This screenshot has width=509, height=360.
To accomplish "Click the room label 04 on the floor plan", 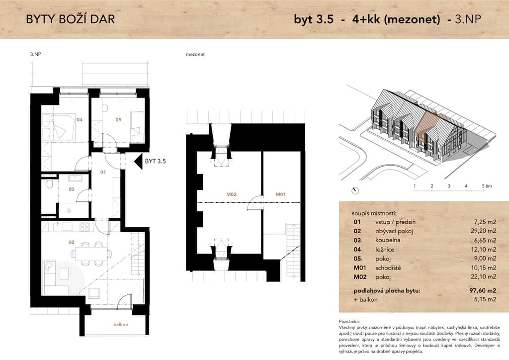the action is tap(80, 120).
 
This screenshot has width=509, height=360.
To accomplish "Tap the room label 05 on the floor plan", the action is tap(118, 120).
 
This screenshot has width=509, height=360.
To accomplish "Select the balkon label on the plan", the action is tap(121, 325).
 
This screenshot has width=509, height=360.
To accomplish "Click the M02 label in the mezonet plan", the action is tap(232, 194).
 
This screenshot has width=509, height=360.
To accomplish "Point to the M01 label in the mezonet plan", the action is tap(280, 194).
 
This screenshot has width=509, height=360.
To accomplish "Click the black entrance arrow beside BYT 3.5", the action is tap(139, 161).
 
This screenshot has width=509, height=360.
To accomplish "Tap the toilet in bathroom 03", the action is tap(50, 184).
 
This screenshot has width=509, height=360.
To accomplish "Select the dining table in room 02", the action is tap(91, 254).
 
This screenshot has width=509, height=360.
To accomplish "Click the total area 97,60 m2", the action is tap(483, 290).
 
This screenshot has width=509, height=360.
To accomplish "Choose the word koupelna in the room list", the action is tap(388, 240).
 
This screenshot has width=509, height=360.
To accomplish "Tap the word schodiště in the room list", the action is tap(388, 268).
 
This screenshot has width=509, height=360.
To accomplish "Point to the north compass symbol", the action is tap(355, 191).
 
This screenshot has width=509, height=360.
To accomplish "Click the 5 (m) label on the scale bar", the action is tap(487, 186).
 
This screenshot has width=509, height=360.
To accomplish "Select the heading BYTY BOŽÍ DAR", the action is tap(71, 19).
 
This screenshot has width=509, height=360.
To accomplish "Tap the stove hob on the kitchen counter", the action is tap(85, 227).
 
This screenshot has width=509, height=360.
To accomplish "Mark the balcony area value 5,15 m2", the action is tap(485, 299).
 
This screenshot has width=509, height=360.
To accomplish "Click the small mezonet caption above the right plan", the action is tap(195, 55).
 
